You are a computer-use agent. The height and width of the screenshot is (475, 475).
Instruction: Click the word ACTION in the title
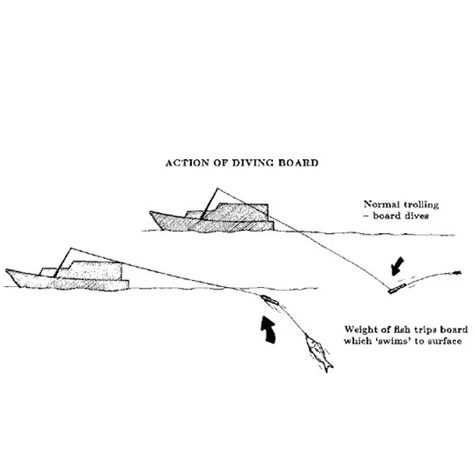[x=183, y=164]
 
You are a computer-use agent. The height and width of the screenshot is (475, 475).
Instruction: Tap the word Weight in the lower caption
[x=360, y=329]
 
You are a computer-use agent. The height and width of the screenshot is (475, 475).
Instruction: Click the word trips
[x=428, y=329]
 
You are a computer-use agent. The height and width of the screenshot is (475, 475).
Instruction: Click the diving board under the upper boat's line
[x=395, y=289]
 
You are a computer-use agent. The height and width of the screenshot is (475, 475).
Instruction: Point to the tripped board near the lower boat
[x=269, y=300]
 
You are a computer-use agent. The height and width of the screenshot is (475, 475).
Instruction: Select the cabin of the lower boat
[x=97, y=271]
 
